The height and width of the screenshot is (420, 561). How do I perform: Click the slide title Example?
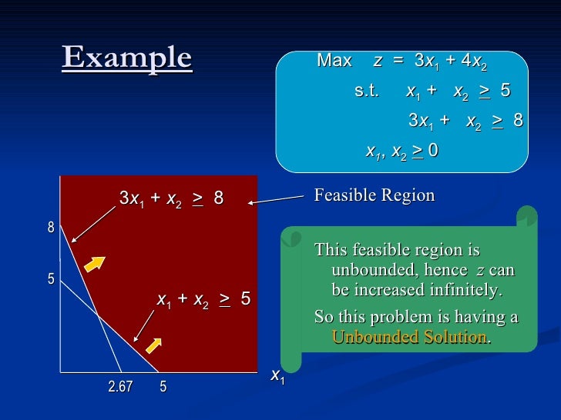[x=126, y=58]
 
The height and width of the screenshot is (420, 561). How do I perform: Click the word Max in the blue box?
[x=334, y=61]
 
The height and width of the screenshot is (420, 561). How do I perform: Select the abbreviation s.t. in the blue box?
[x=367, y=91]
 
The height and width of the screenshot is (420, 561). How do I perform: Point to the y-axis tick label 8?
[x=51, y=228]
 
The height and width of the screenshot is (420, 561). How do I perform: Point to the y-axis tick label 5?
[x=51, y=278]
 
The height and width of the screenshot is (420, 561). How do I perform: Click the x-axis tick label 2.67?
[x=119, y=387]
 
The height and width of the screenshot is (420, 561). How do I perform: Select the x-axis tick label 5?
[x=163, y=387]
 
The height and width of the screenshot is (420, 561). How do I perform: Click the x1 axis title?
[x=277, y=376]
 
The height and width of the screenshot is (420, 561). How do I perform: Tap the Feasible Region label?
[x=374, y=195]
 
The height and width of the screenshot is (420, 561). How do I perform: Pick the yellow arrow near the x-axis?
[x=153, y=345]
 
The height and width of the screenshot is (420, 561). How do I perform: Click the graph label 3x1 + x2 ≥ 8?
[x=171, y=198]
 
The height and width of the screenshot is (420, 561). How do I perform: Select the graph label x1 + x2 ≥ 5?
[x=203, y=299]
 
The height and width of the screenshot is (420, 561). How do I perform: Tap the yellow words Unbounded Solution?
[x=409, y=337]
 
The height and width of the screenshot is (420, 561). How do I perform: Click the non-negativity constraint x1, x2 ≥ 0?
[x=401, y=151]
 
